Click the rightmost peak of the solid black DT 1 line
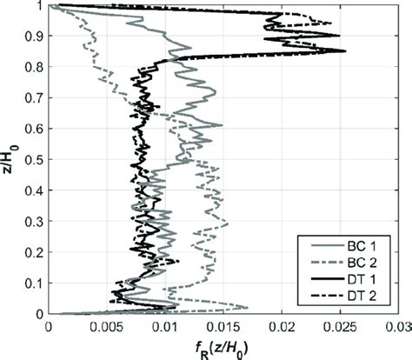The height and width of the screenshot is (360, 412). point(345,51)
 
